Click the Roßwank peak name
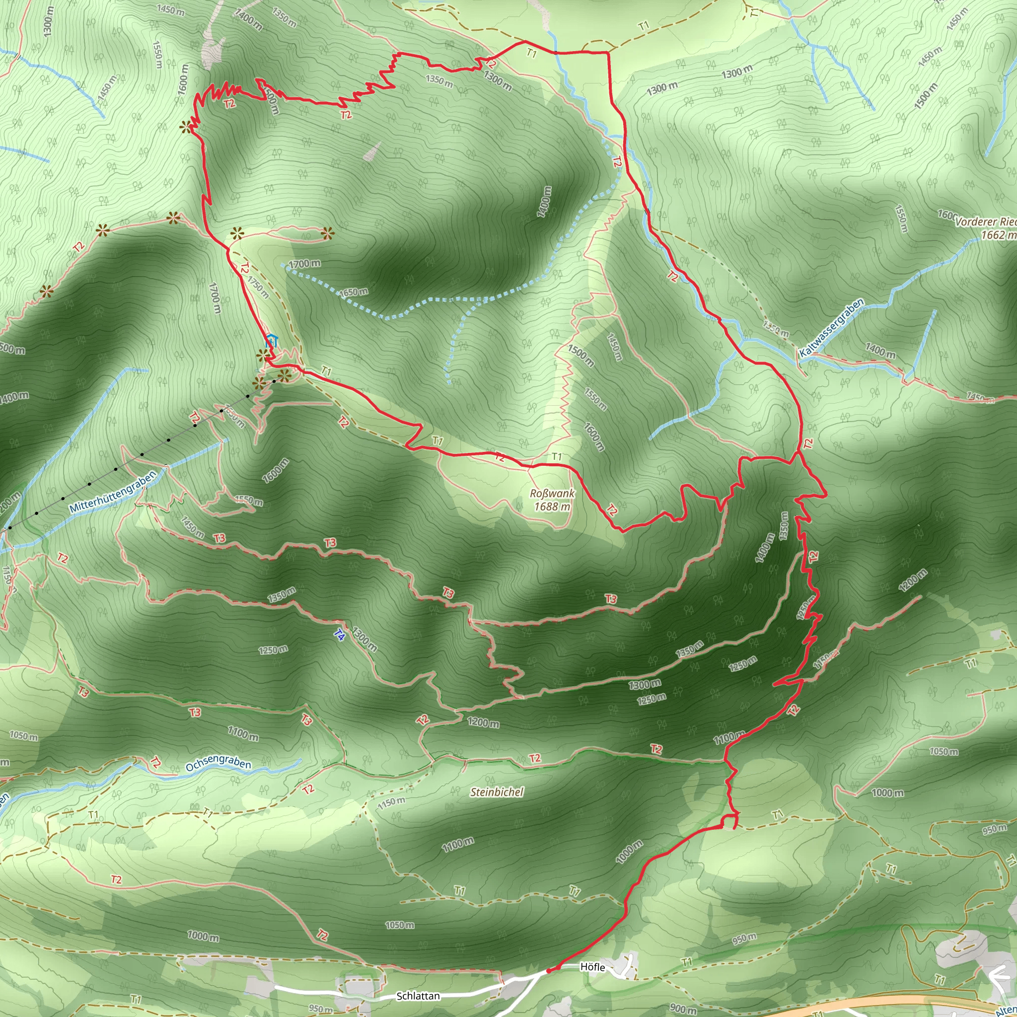552,494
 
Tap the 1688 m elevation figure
552,507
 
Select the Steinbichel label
497,792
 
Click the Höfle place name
593,967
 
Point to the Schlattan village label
418,996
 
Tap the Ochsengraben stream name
218,763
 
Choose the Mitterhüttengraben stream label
113,492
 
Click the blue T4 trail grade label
340,635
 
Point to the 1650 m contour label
353,292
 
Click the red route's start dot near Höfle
549,970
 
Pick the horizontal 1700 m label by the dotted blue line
304,263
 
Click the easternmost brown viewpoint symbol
328,231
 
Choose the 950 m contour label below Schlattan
320,1009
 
